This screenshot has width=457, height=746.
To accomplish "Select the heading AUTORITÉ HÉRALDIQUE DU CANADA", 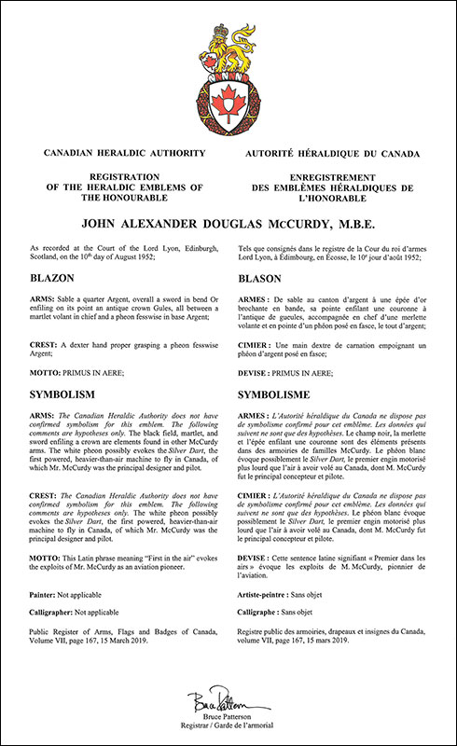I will [339, 150].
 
